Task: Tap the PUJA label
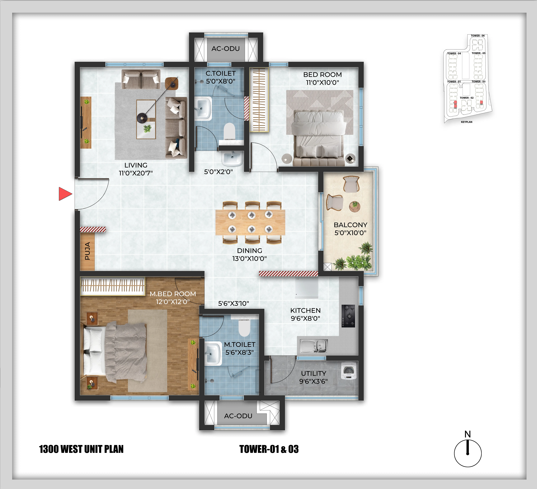tap(87, 251)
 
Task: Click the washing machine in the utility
tap(349, 371)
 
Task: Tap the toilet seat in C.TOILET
tap(229, 131)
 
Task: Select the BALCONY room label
tap(350, 225)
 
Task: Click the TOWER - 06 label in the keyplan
tap(478, 36)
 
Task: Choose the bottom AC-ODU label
tap(238, 416)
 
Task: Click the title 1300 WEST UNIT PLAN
tap(81, 449)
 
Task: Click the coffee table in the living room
tap(146, 119)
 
